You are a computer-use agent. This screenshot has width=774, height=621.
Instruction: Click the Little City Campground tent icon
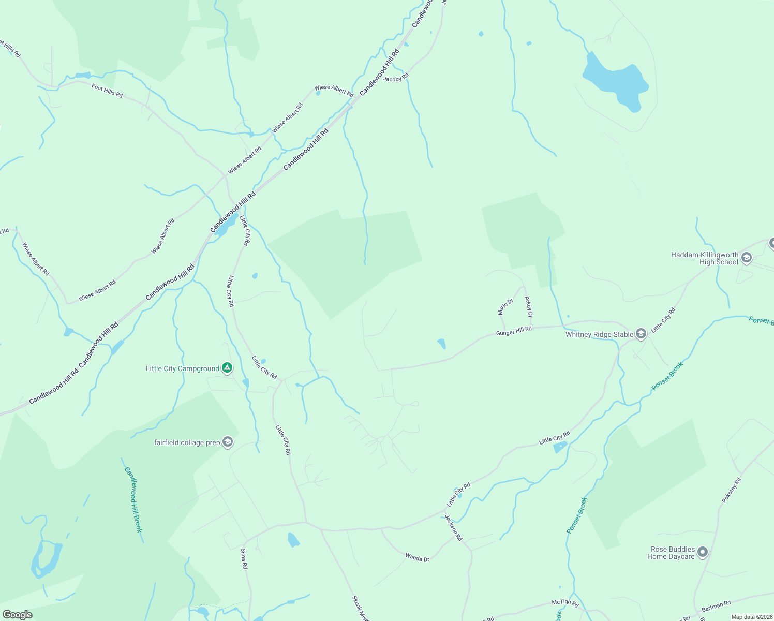pyautogui.click(x=227, y=368)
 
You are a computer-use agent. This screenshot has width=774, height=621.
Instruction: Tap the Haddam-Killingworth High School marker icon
pyautogui.click(x=746, y=258)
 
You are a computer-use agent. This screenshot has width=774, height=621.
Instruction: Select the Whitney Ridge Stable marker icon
pyautogui.click(x=641, y=334)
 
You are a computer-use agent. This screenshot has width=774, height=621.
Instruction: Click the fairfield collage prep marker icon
pyautogui.click(x=228, y=442)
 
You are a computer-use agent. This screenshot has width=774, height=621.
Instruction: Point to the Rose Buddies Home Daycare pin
pyautogui.click(x=702, y=553)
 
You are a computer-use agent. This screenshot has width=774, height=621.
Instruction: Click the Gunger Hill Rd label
pyautogui.click(x=514, y=331)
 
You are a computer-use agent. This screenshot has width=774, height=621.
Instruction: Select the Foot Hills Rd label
pyautogui.click(x=107, y=91)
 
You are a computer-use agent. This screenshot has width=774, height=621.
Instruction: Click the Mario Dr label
pyautogui.click(x=505, y=306)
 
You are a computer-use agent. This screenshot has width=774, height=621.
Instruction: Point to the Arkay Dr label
pyautogui.click(x=528, y=307)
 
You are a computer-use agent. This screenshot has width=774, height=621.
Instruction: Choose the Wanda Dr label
pyautogui.click(x=417, y=557)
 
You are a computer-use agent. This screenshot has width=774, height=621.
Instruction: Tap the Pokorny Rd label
pyautogui.click(x=731, y=490)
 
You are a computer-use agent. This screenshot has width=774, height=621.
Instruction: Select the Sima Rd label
pyautogui.click(x=244, y=559)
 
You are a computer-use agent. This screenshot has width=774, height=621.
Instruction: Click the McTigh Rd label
pyautogui.click(x=564, y=602)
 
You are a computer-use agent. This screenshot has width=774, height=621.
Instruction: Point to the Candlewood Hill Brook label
pyautogui.click(x=133, y=499)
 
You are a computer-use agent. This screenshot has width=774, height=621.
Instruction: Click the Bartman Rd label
pyautogui.click(x=716, y=606)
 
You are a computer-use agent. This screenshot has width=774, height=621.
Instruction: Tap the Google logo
pyautogui.click(x=18, y=615)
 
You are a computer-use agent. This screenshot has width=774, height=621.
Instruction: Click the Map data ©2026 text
pyautogui.click(x=751, y=617)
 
